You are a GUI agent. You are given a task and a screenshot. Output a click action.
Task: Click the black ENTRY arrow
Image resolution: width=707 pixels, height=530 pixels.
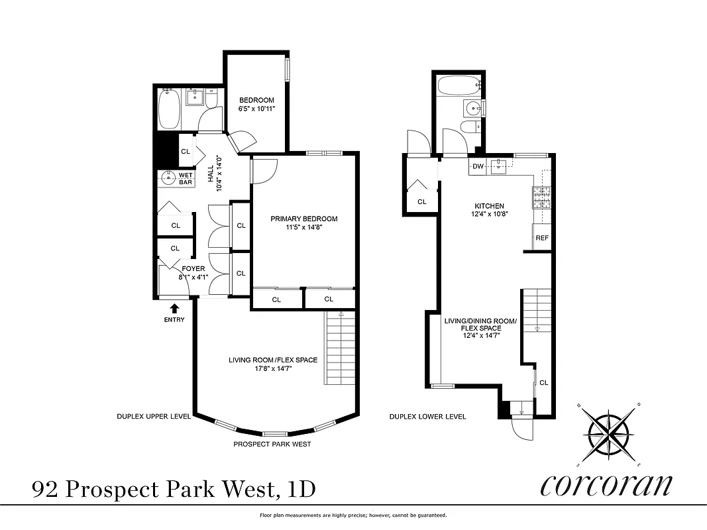coord(174,307)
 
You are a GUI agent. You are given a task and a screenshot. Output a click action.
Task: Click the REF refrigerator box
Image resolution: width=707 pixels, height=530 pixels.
coord(541,238)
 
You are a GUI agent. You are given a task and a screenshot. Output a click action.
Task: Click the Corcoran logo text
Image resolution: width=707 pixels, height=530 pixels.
coord(606,485)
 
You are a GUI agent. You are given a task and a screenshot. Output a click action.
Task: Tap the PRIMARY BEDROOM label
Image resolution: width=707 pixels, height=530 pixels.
coord(304,219)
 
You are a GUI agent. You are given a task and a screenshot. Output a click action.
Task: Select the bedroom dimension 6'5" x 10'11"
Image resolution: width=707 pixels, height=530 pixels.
coord(256,108)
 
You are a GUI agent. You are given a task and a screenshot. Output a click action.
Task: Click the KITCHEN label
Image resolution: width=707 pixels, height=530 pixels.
coord(489,206)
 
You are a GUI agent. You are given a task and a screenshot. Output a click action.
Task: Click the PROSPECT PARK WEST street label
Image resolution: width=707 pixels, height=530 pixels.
coord(272,444)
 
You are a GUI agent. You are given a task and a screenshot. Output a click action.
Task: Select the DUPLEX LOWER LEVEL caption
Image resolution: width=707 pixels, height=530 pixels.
coord(427,417)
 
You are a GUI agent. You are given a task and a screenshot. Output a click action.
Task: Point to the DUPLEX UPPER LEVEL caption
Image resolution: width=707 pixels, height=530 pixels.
coord(154,417)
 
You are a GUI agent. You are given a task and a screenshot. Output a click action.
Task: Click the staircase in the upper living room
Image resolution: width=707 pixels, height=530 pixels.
coord(340,348)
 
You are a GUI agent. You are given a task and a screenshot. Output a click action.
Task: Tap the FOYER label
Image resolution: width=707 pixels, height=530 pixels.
coord(193,269)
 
